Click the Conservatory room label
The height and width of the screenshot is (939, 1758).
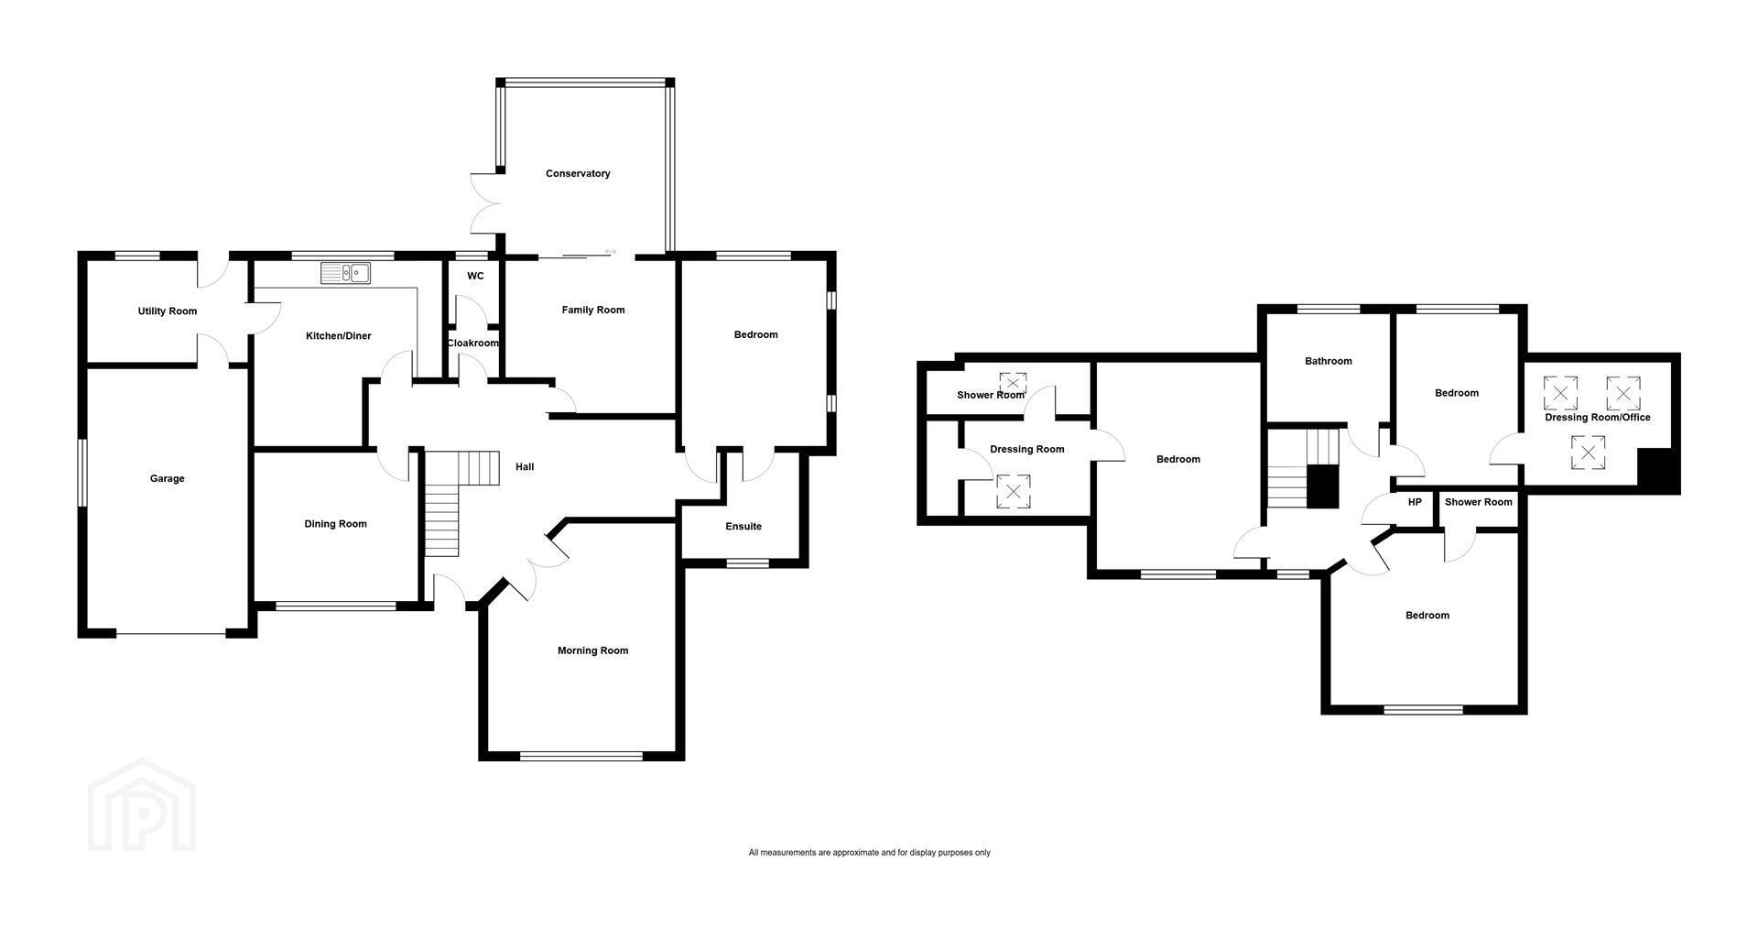tap(578, 173)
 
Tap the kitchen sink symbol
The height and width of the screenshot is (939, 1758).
tap(345, 272)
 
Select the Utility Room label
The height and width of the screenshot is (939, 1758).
tap(168, 311)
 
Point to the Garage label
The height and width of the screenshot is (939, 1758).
tap(168, 478)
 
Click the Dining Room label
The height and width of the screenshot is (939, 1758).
tap(336, 524)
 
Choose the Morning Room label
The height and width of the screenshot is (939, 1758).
tap(593, 650)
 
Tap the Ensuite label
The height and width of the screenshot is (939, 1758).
tap(743, 527)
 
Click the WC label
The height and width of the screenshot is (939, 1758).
tap(475, 276)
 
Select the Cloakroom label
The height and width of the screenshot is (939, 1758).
tap(472, 344)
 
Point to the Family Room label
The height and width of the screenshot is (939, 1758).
tap(593, 310)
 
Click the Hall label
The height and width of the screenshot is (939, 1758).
tap(525, 467)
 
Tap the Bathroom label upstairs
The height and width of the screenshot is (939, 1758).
tap(1329, 361)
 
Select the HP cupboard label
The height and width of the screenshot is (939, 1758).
tap(1415, 502)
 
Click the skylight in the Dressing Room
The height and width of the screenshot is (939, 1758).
tap(1013, 491)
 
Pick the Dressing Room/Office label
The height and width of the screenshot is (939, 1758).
tap(1598, 418)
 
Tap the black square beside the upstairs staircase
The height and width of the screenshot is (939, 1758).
tap(1322, 486)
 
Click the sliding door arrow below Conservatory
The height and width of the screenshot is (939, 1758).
tap(611, 252)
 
